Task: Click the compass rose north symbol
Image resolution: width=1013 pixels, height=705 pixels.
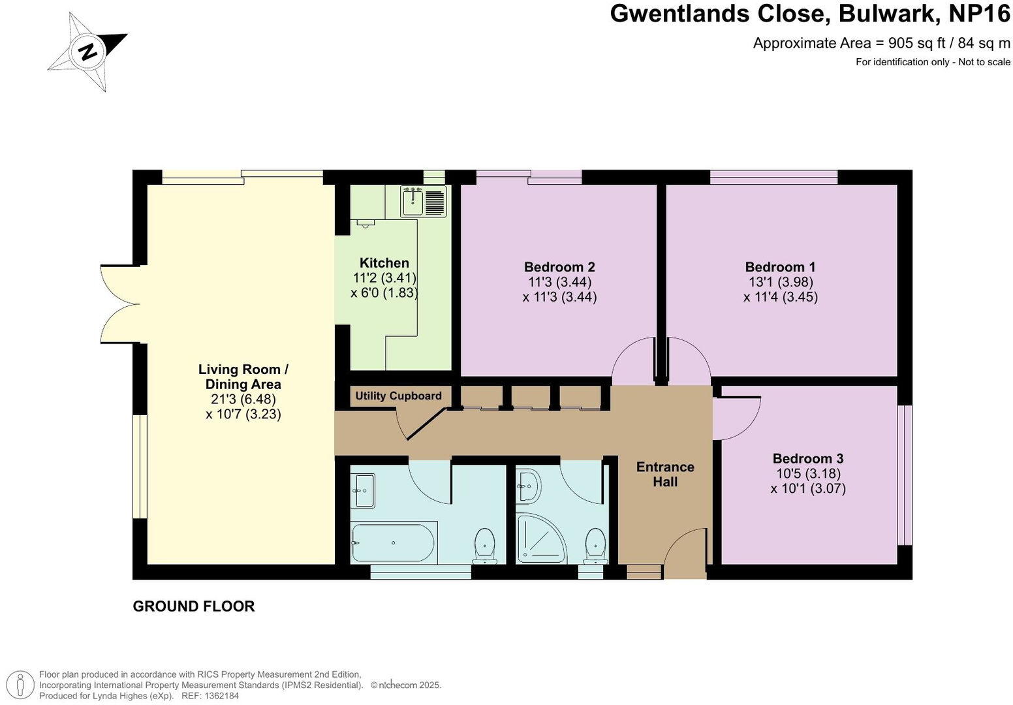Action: tap(87, 51)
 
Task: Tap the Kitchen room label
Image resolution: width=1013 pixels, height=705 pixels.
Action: tap(384, 263)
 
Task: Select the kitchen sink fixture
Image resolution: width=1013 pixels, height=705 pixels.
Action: tap(424, 201)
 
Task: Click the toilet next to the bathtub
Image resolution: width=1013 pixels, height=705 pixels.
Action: tap(484, 546)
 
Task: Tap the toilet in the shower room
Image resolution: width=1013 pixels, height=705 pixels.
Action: tap(595, 546)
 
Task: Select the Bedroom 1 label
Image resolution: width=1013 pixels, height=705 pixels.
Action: tap(780, 267)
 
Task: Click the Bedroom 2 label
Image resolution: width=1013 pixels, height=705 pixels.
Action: tap(559, 267)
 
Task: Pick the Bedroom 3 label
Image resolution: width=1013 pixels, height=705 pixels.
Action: tap(807, 458)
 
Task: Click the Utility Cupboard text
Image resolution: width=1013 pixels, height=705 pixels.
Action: tap(398, 396)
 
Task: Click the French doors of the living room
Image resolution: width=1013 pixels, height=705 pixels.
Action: tap(120, 304)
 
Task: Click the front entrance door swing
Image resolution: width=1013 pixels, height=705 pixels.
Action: tap(685, 552)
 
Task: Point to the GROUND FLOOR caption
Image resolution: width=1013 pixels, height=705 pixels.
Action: tap(194, 606)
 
